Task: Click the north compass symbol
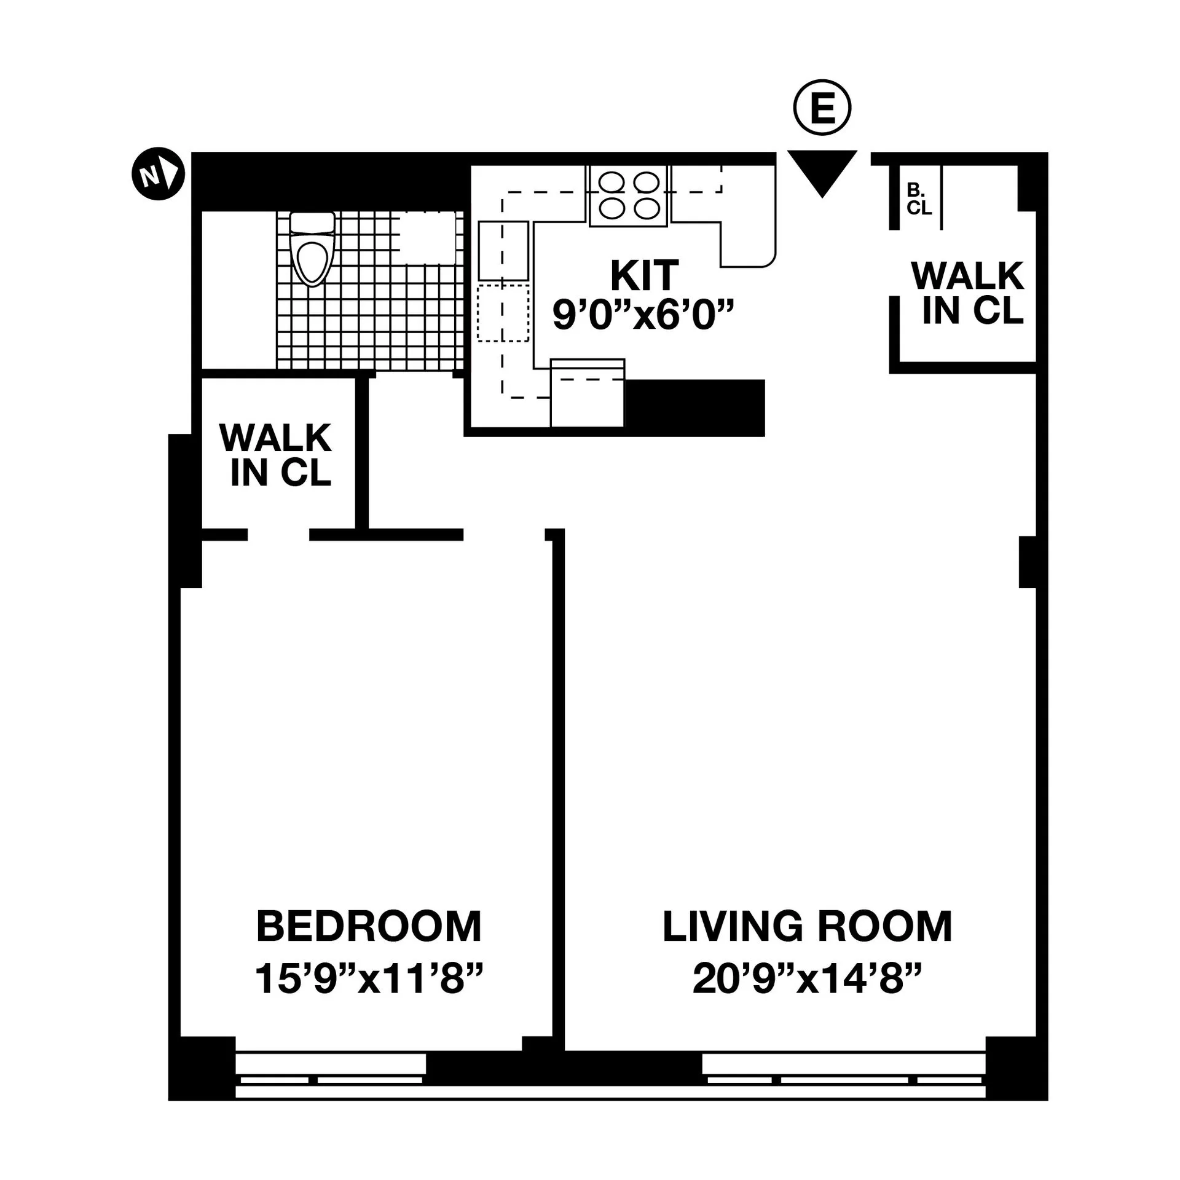(158, 174)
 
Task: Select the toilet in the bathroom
(312, 249)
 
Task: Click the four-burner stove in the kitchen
(628, 195)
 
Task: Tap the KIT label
(644, 276)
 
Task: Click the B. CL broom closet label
(919, 199)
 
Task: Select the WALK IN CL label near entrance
(967, 293)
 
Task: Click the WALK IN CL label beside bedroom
(276, 455)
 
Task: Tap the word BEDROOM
(369, 927)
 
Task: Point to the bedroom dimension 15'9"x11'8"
(369, 979)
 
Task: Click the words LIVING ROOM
(807, 927)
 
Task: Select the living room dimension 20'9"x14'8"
(807, 979)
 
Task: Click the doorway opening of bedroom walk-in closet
(278, 535)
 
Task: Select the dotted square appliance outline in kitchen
(503, 313)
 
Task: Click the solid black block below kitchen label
(694, 407)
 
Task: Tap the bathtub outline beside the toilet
(428, 238)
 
